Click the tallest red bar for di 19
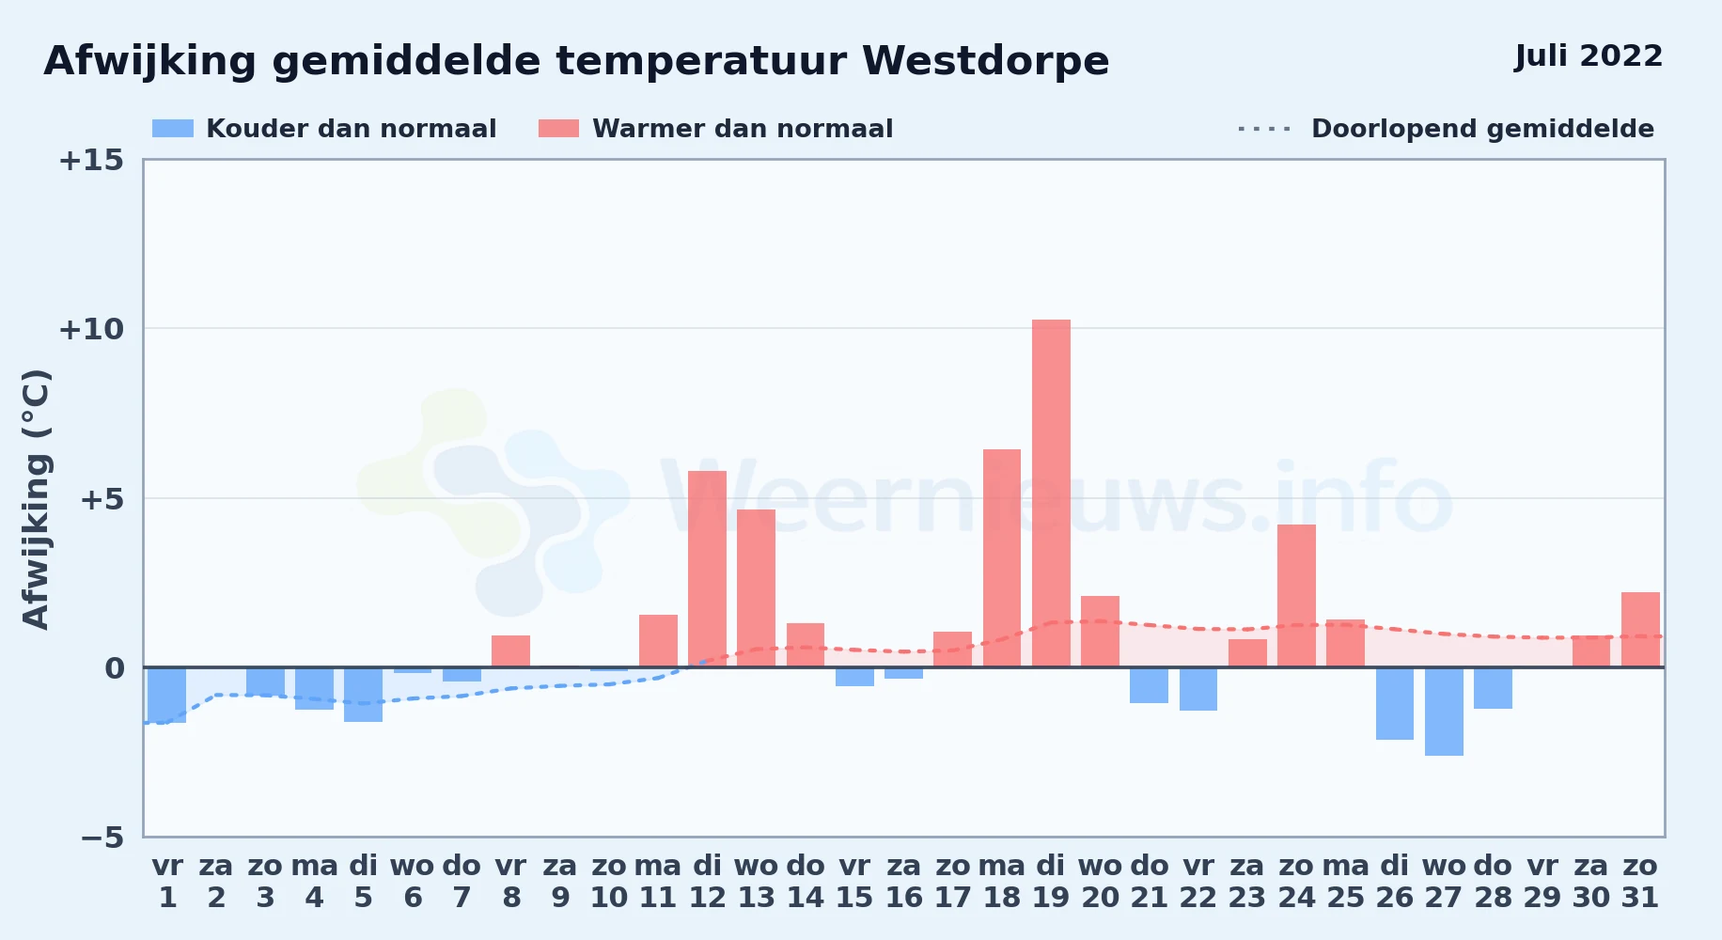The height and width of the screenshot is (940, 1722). tap(1051, 493)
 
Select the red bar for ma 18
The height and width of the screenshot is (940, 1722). tap(1002, 558)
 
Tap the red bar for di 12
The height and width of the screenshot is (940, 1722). tap(707, 569)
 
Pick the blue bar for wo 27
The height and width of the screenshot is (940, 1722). tap(1444, 712)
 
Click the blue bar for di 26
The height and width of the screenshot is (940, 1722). tap(1395, 703)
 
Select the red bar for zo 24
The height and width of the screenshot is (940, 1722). tap(1296, 596)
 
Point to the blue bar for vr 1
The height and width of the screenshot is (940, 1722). tap(167, 695)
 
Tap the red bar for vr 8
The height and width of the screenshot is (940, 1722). tap(510, 651)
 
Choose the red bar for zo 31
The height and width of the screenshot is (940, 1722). tap(1640, 630)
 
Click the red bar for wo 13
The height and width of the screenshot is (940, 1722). tap(756, 588)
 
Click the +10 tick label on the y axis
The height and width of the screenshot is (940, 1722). tap(91, 329)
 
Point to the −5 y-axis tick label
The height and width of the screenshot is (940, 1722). tap(102, 838)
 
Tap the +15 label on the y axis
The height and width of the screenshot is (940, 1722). tap(91, 160)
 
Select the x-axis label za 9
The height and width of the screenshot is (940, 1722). tap(560, 882)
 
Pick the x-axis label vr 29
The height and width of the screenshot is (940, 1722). tap(1542, 882)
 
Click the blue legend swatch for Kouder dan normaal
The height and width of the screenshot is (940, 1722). tap(173, 129)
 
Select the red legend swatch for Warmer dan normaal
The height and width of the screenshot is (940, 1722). tap(559, 129)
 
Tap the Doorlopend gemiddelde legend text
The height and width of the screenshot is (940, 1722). tap(1482, 129)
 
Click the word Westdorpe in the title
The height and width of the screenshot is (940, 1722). tap(986, 61)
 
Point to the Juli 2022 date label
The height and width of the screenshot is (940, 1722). tap(1589, 55)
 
